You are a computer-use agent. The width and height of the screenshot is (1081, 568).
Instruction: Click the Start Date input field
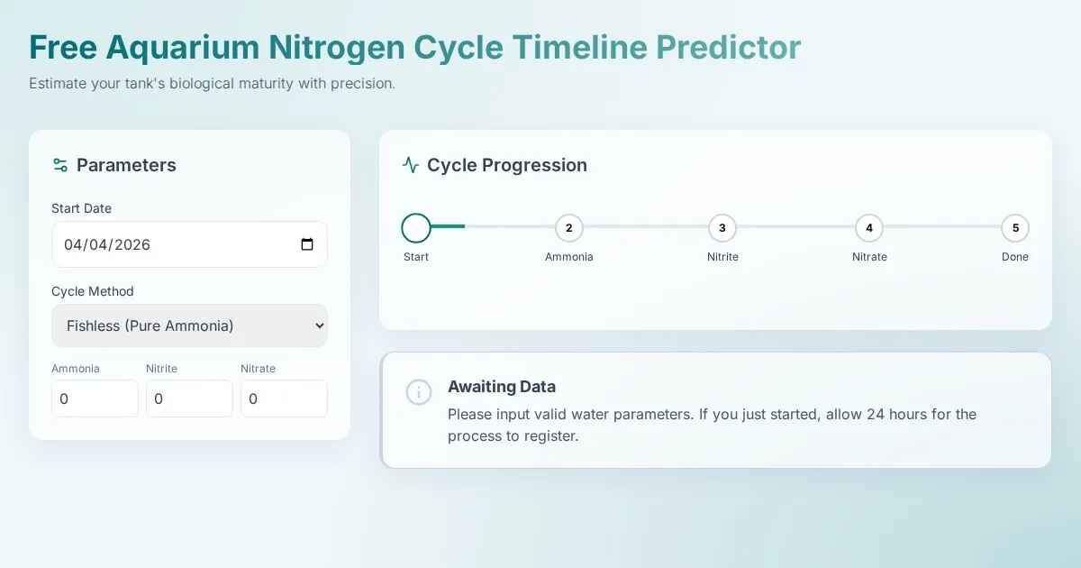[189, 244]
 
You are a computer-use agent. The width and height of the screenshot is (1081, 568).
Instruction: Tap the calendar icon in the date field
[307, 244]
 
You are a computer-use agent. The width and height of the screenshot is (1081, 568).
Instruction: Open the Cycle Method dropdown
[189, 325]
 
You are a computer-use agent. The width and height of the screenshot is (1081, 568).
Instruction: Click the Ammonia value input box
[95, 399]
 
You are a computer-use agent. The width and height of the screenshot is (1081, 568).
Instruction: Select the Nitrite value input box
[190, 399]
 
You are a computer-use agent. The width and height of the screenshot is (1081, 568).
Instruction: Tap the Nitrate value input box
[285, 399]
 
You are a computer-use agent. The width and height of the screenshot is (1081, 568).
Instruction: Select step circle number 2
[569, 228]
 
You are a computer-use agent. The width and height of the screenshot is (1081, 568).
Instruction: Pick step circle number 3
[722, 228]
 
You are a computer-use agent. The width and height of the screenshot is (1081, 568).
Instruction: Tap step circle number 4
[869, 228]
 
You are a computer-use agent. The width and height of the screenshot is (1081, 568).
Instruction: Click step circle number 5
[1015, 228]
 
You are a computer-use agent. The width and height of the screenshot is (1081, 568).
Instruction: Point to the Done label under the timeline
[1015, 257]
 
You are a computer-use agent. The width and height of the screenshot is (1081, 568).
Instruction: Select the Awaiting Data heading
[502, 387]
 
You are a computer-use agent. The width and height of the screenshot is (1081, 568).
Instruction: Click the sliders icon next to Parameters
[59, 165]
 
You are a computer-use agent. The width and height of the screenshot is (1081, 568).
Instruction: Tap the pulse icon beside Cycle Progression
[411, 165]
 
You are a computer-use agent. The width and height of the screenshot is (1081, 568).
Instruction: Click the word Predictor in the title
[728, 47]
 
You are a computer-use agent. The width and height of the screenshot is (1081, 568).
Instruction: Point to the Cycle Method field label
[93, 291]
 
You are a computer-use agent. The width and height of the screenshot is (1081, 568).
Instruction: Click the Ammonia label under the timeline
[569, 257]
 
